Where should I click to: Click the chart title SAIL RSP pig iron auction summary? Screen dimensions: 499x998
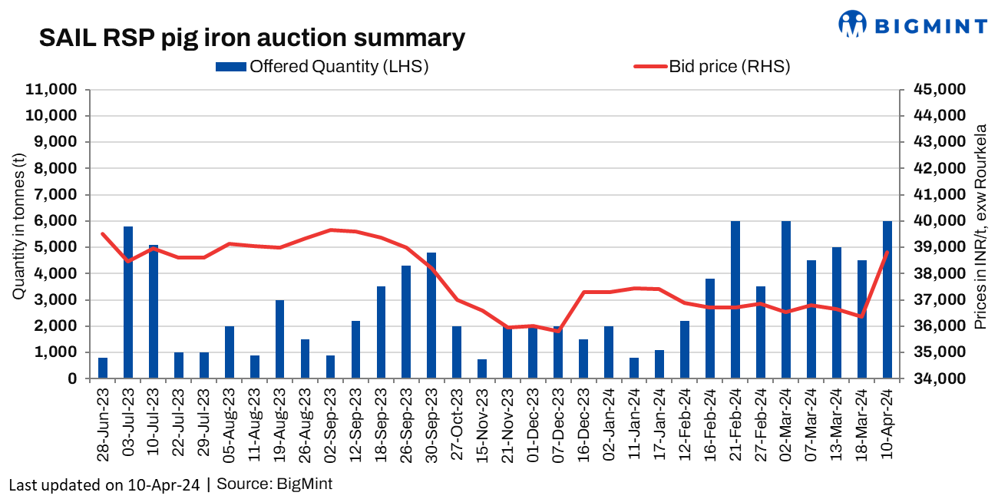[x=252, y=38]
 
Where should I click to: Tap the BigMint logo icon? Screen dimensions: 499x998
[x=851, y=24]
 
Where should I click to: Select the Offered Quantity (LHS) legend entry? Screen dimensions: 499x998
[x=322, y=67]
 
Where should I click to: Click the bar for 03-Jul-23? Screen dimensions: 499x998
[x=128, y=302]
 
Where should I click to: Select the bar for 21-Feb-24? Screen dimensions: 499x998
[x=735, y=299]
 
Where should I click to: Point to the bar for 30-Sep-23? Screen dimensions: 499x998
[x=431, y=316]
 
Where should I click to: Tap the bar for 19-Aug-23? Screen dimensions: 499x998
[x=280, y=339]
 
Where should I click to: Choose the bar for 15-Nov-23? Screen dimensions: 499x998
[x=482, y=368]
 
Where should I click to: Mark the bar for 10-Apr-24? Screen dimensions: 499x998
[x=887, y=299]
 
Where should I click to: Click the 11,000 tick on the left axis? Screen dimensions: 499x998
[x=52, y=90]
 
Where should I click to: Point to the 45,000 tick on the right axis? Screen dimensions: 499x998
[x=938, y=90]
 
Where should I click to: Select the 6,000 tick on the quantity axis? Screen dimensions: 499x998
[x=56, y=221]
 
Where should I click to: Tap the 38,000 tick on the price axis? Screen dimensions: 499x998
[x=938, y=273]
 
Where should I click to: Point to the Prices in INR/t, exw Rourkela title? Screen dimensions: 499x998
[x=980, y=227]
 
